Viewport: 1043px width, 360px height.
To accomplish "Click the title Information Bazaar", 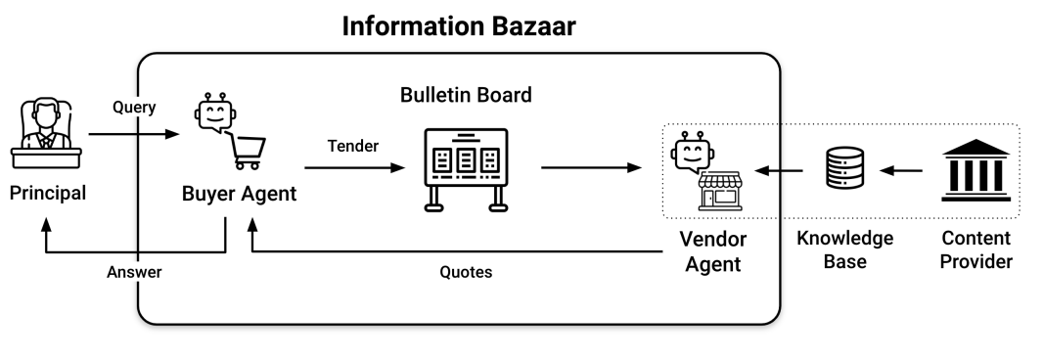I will click(459, 26).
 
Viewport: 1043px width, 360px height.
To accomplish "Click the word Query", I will click(134, 108).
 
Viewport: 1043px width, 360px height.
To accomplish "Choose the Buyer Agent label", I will click(239, 194).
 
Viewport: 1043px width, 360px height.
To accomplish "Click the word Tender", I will click(353, 146).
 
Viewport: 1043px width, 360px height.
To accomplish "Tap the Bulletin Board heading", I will click(466, 96).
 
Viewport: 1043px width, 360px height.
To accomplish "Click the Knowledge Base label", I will click(845, 249).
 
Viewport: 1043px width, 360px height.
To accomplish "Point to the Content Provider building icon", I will click(976, 167).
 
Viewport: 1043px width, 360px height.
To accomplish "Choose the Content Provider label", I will click(976, 249).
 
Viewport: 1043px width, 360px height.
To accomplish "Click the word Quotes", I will click(466, 273).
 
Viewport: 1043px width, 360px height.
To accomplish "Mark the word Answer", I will click(134, 273).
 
